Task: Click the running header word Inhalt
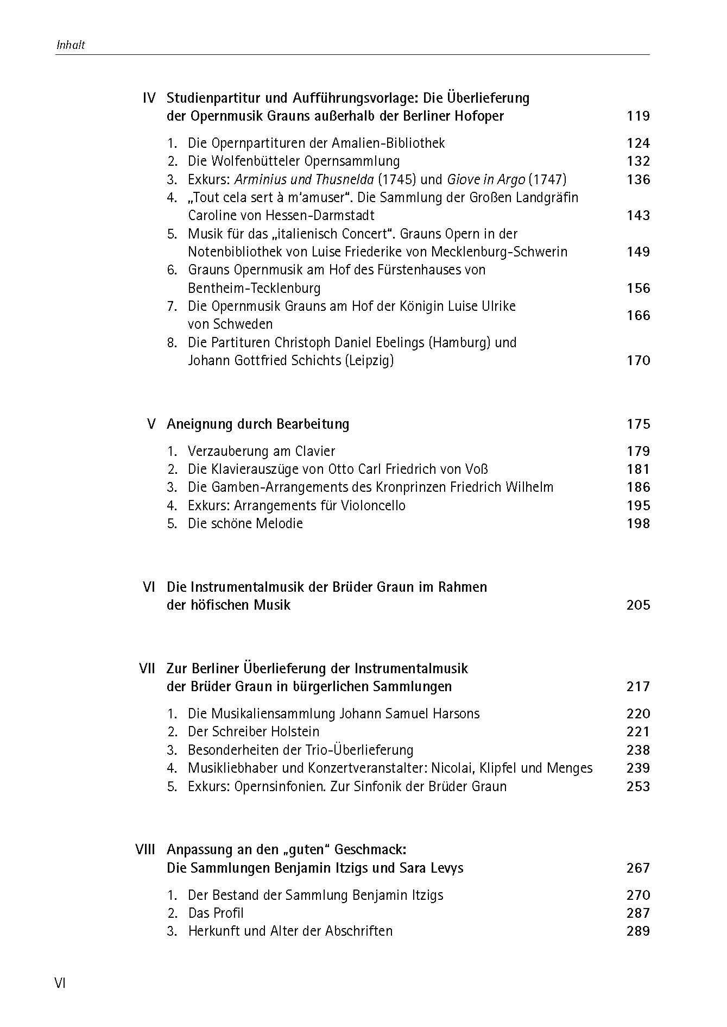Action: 71,46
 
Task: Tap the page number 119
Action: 638,116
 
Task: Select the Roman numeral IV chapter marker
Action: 149,98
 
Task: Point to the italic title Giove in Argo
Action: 486,179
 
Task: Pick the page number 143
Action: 638,216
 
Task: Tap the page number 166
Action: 638,315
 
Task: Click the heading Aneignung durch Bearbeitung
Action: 258,424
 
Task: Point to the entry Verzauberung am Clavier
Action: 261,451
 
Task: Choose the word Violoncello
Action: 373,505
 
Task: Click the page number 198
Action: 638,524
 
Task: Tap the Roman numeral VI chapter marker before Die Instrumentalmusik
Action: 149,587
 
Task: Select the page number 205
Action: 638,605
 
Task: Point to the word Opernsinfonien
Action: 280,786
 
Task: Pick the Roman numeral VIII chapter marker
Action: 145,849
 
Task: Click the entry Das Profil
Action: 216,913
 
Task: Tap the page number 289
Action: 638,931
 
